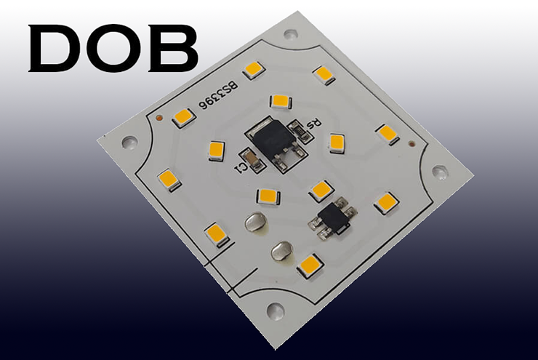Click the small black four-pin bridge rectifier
point(334,217)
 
